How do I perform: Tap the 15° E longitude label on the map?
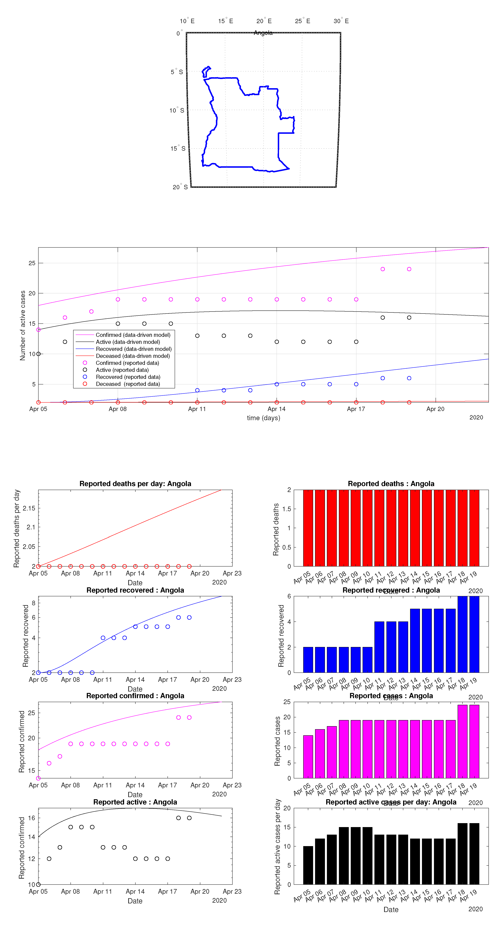pos(226,21)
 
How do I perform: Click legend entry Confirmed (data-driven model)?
pos(133,335)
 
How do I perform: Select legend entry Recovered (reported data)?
pos(128,377)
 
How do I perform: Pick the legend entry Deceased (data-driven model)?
pos(133,356)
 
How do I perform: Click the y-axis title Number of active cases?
pos(23,325)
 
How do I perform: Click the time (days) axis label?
pos(263,418)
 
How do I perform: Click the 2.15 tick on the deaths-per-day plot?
pos(29,508)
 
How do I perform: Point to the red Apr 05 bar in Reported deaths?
pos(308,528)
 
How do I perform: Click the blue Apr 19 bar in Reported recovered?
pos(474,634)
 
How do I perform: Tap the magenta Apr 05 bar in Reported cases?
pos(308,757)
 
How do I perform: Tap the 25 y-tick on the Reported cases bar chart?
pos(287,702)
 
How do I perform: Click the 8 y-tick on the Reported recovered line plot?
pos(34,603)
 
